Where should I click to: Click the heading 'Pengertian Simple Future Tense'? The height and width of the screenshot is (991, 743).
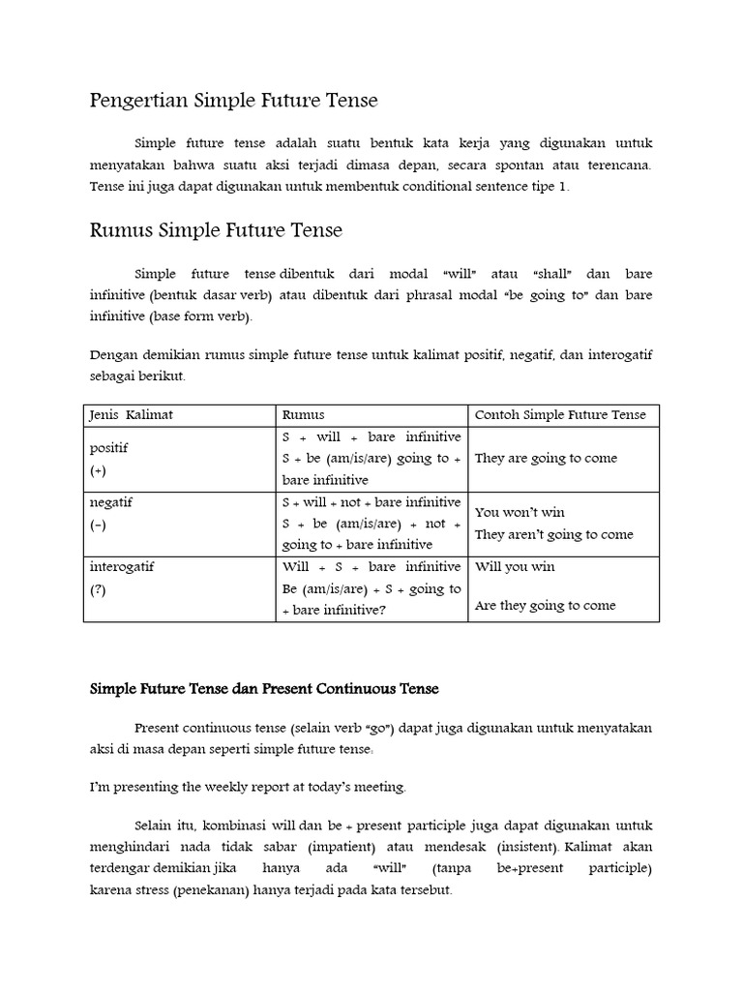coord(233,101)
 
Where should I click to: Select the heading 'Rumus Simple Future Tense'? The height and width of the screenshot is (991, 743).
coord(216,230)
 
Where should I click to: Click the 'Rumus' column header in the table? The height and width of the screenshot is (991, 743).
coord(304,415)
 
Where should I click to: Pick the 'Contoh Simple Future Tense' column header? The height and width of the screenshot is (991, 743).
coord(560,415)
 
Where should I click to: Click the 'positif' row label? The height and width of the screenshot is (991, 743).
coord(109,449)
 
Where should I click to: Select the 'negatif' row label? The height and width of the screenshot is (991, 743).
coord(112,503)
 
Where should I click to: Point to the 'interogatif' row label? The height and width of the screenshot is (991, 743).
coord(122,566)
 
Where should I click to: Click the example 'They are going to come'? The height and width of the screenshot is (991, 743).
coord(546,459)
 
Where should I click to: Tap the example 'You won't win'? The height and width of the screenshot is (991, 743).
coord(520,512)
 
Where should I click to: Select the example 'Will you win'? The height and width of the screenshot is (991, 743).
coord(515,566)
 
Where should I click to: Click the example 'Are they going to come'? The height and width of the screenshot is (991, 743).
coord(545,606)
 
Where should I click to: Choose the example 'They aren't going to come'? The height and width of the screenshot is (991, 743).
coord(554,534)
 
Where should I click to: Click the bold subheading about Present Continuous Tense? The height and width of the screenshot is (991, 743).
coord(264,689)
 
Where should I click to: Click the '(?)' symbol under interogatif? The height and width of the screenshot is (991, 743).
coord(98,588)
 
